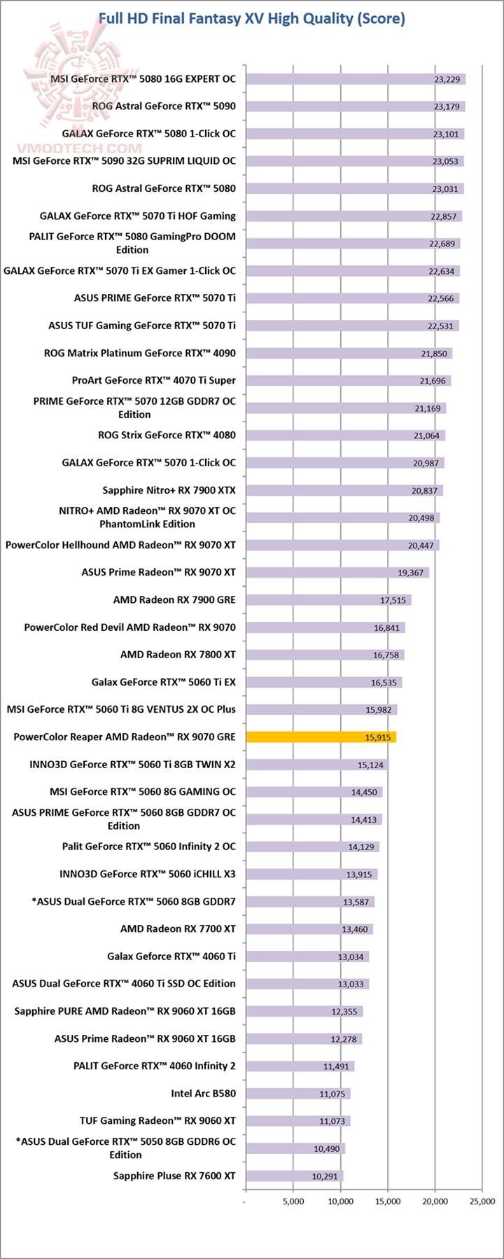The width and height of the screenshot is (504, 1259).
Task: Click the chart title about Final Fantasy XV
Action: (251, 18)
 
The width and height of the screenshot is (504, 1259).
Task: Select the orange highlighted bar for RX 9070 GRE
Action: (321, 737)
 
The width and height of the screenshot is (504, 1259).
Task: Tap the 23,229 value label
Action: (447, 79)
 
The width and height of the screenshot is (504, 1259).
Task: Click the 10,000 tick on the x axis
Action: (340, 1201)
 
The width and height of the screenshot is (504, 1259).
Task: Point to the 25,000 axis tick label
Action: (482, 1201)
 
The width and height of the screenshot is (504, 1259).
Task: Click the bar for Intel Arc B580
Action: (298, 1093)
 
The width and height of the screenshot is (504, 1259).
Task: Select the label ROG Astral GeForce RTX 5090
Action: (164, 106)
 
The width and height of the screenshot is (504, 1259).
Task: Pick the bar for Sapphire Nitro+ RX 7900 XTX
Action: (344, 490)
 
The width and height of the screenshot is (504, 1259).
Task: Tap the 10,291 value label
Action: (325, 1176)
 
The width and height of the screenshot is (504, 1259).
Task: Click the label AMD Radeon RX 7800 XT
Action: (178, 655)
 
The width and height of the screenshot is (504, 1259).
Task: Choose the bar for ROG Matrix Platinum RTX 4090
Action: (349, 354)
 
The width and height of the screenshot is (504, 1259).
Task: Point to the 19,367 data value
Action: (410, 573)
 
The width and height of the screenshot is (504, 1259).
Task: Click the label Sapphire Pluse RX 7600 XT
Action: (174, 1176)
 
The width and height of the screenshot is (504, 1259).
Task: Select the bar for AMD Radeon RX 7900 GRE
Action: (329, 600)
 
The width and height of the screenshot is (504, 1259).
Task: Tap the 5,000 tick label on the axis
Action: (293, 1201)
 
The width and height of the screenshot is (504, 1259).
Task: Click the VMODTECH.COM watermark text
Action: (83, 148)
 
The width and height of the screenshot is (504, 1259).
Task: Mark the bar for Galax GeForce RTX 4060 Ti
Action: (308, 957)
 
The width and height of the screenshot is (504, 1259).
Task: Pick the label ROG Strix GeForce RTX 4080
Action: (167, 435)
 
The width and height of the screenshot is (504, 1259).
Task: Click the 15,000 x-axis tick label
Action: (388, 1201)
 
